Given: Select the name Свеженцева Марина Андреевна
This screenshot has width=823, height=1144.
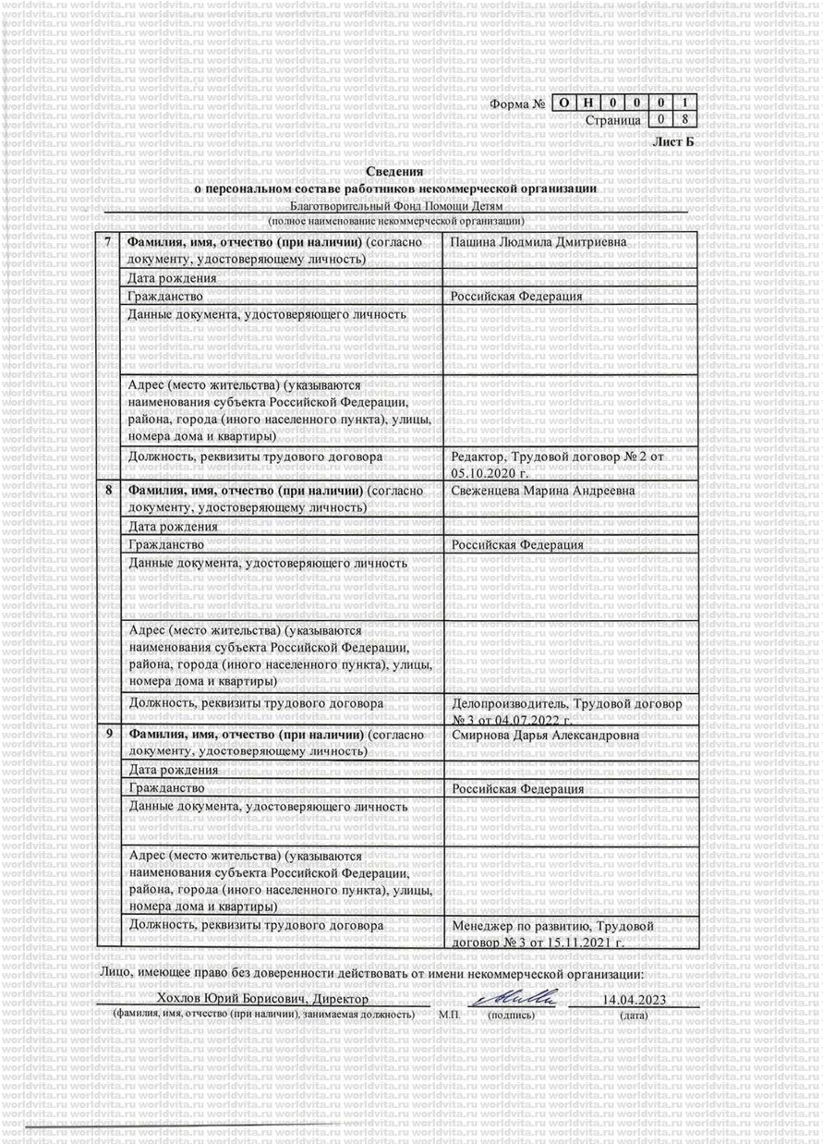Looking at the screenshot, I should point(543,491).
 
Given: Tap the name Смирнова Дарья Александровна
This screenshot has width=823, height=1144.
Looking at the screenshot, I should point(546,735).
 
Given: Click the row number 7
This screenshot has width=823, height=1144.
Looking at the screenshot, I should point(109,242).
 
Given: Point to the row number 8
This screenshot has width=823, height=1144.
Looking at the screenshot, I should point(109,491).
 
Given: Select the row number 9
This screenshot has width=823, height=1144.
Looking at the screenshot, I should point(109,735).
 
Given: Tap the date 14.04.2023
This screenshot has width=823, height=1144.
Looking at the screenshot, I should point(634,1000).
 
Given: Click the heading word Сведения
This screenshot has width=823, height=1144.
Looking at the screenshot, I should point(394,171).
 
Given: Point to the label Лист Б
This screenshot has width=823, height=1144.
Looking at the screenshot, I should point(672,141).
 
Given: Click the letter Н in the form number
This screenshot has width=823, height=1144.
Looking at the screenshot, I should point(588,103).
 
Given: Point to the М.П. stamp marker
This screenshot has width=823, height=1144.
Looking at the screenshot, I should point(450,1015).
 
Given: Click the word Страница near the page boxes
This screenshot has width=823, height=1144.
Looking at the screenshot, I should point(612,120).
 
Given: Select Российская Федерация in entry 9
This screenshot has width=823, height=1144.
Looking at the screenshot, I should point(517,789).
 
